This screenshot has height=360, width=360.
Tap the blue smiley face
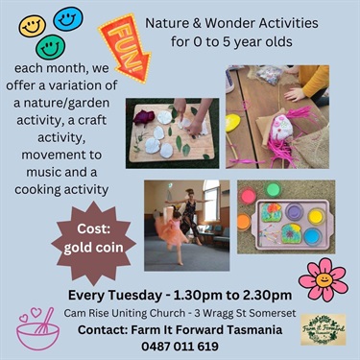68,17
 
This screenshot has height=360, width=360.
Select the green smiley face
52,46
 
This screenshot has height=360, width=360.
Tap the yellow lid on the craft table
232,123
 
